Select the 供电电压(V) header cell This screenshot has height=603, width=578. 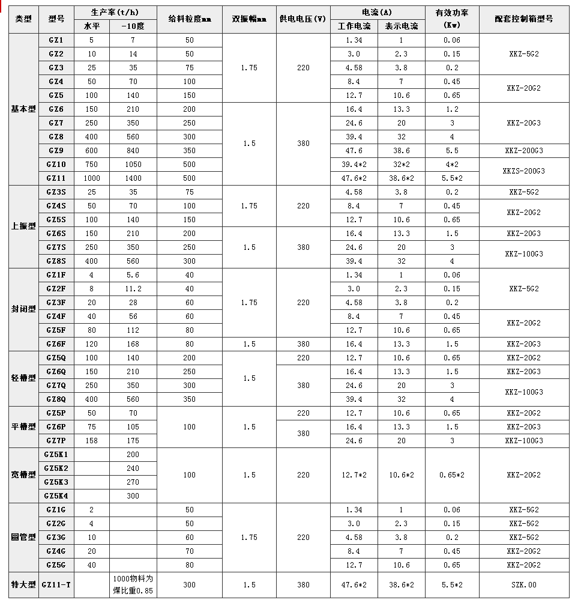tap(303, 19)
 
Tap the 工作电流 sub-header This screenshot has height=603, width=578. tap(354, 26)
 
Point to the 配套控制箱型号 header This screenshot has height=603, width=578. tap(524, 19)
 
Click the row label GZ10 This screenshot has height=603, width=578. tap(56, 165)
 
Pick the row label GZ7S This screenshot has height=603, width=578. tap(56, 247)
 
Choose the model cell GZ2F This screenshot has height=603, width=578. tap(56, 289)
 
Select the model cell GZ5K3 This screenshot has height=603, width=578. tap(56, 482)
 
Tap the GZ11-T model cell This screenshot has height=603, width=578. tap(56, 584)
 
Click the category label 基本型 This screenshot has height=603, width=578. tap(24, 109)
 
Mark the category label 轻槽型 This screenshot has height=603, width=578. tap(24, 379)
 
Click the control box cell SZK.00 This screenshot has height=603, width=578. tap(524, 584)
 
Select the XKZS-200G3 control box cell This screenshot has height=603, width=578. tap(524, 171)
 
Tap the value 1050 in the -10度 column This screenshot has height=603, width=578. tap(133, 165)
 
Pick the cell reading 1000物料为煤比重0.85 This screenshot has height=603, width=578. tap(133, 584)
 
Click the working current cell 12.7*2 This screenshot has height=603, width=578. tap(354, 475)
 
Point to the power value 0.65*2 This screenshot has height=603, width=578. tap(452, 475)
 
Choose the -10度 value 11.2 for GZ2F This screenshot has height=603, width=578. tap(133, 289)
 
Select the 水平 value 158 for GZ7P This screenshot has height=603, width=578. tap(91, 441)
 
